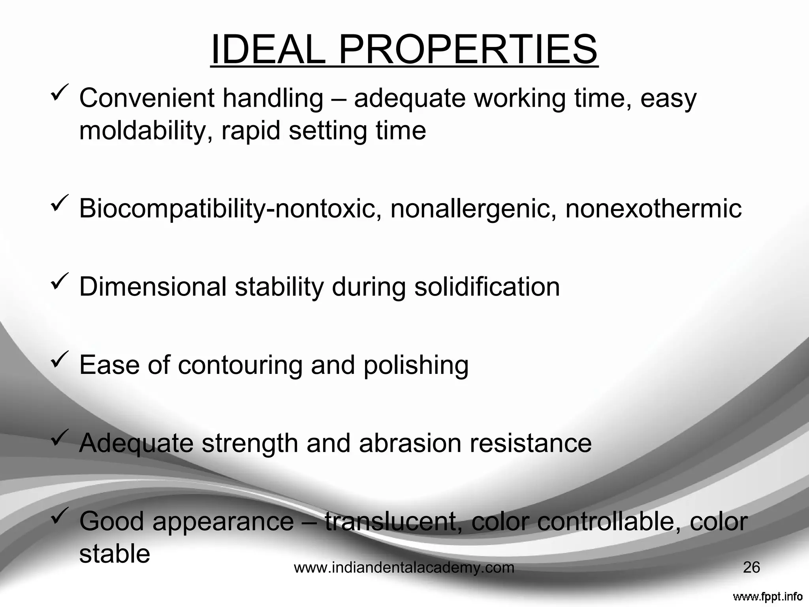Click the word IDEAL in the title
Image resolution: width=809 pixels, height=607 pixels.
coord(269,50)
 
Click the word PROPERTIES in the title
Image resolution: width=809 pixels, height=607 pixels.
coord(468,50)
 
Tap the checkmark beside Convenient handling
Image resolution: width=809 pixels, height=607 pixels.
coord(58,91)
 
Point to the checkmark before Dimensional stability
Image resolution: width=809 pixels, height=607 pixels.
coord(58,279)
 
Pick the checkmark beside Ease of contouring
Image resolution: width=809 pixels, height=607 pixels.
coord(58,358)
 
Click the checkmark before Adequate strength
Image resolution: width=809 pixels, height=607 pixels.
coord(58,436)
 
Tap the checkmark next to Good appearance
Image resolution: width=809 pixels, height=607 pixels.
coord(58,514)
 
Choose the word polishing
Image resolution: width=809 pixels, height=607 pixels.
coord(416,366)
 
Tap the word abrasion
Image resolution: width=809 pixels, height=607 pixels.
coord(410,443)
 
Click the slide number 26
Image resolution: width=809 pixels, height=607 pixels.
coord(751,568)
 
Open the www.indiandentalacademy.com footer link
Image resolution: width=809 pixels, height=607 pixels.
coord(404,568)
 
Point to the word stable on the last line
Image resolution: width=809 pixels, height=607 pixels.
coord(115,554)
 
